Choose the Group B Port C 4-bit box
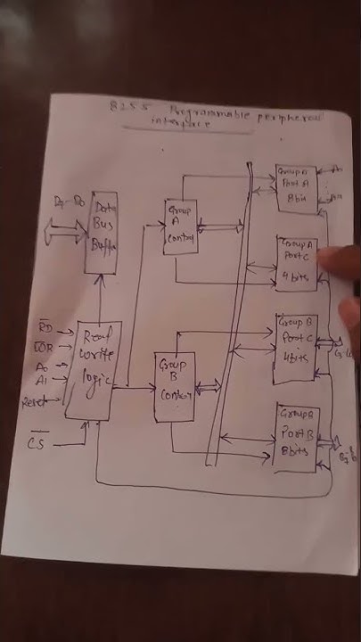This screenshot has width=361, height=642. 295,347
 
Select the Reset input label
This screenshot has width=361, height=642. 36,402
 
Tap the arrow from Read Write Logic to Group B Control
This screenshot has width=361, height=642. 133,387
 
